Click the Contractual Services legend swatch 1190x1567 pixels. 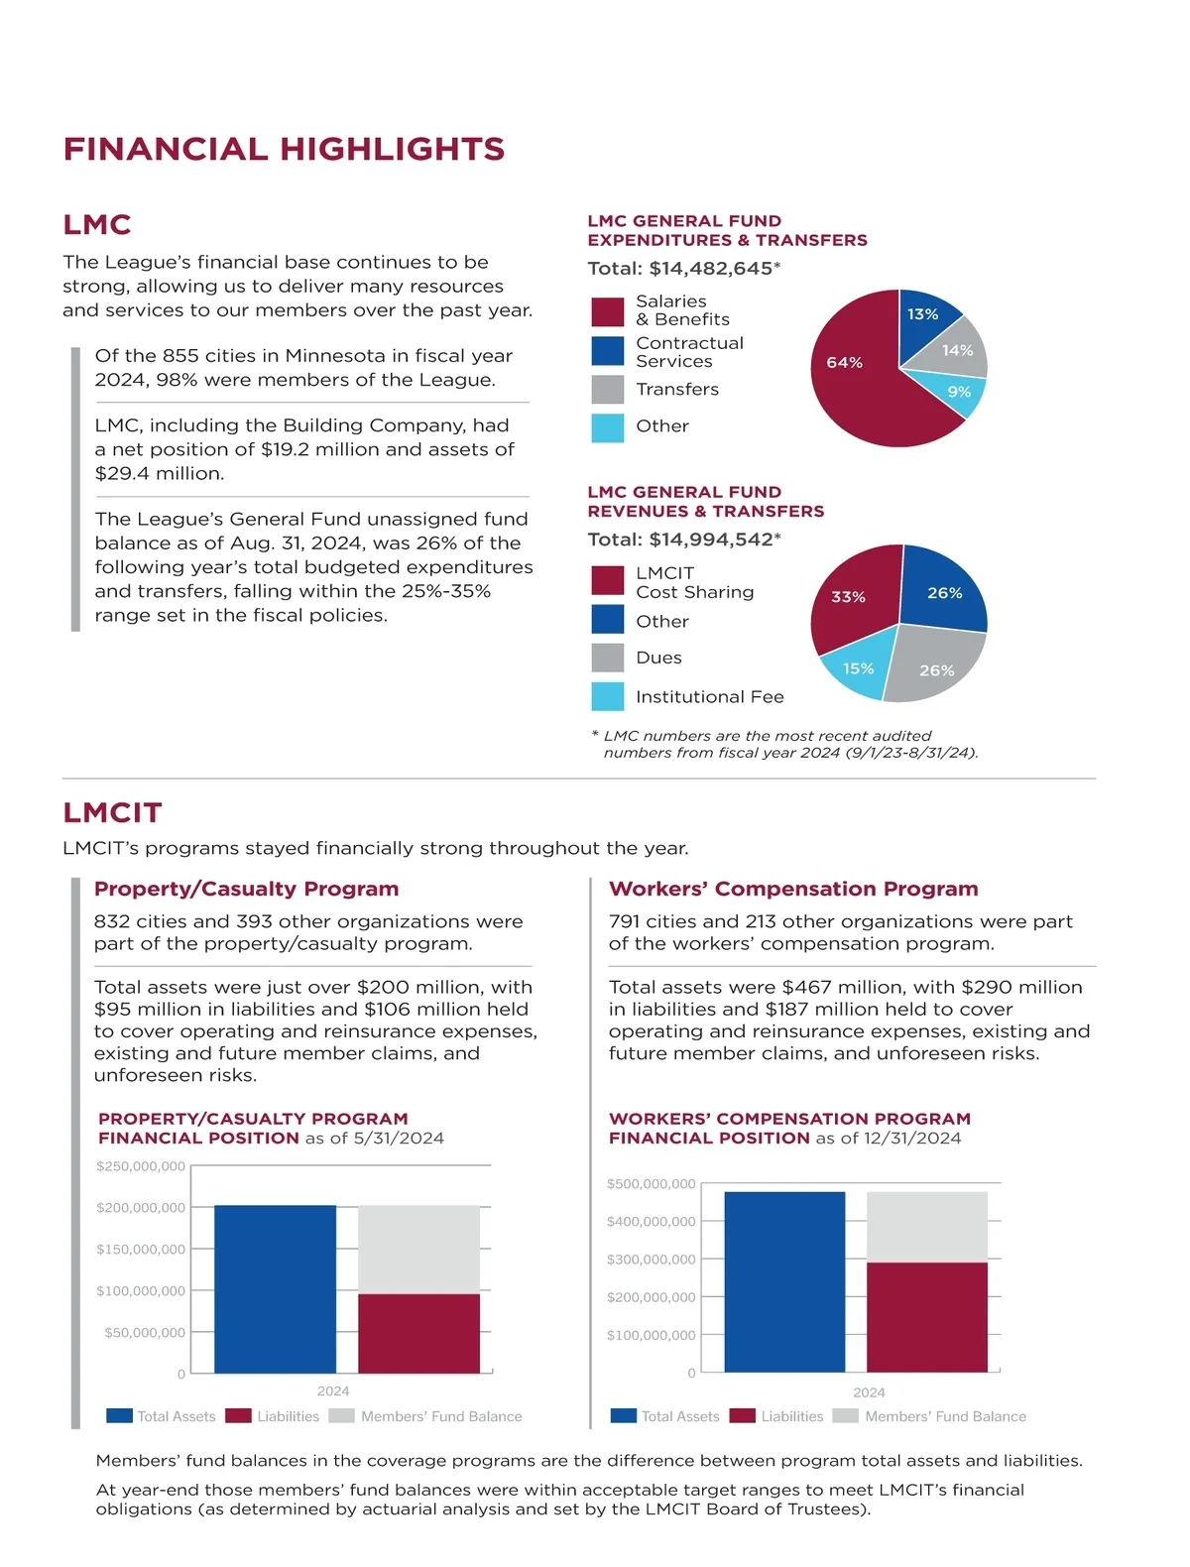pos(607,351)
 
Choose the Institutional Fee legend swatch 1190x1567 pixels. pos(607,696)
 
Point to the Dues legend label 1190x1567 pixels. pos(658,658)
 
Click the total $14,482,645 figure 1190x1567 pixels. pos(714,269)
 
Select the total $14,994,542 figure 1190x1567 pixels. pos(714,540)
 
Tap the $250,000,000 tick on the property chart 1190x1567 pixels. pos(141,1166)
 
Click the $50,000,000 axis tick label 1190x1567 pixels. pos(145,1332)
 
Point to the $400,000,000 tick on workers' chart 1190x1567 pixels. pos(651,1222)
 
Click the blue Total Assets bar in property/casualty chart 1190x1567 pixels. pos(275,1289)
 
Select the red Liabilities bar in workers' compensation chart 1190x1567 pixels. pos(926,1317)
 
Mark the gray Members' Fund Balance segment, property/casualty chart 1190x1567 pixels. pos(418,1249)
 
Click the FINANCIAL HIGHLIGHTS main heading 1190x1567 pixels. pos(284,149)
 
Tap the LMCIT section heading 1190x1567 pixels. pos(112,812)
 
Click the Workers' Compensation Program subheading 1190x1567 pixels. pos(793,889)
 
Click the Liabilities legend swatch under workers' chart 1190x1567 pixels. pos(742,1416)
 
